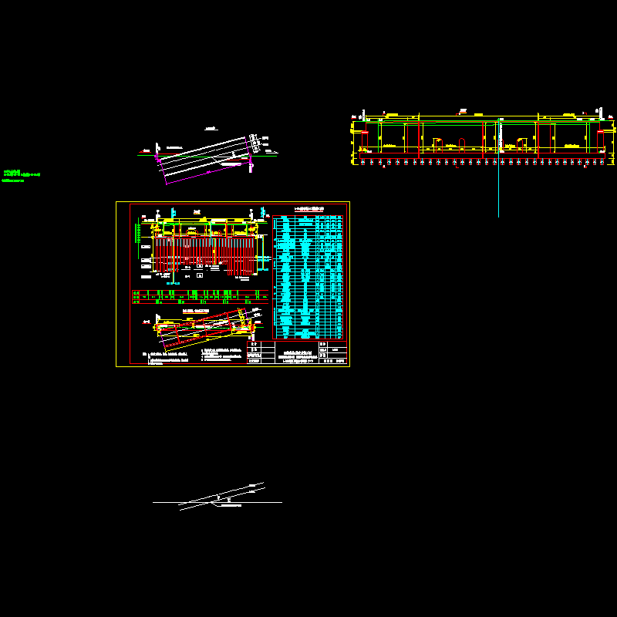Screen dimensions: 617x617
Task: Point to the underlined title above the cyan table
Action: coord(308,209)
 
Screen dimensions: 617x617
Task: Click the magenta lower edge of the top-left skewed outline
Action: coord(208,174)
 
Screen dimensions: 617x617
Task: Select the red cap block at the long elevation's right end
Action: coord(600,141)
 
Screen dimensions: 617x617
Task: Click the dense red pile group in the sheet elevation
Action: coord(204,255)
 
